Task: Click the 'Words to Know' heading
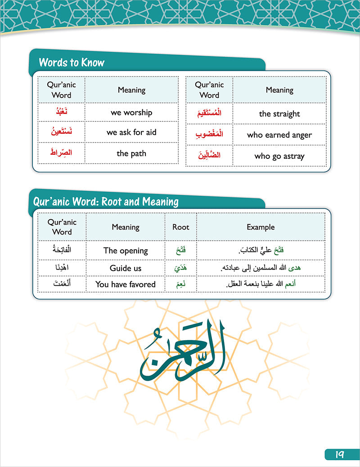click(72, 62)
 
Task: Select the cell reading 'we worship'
click(131, 112)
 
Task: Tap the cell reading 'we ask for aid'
click(131, 132)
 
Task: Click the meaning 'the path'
click(131, 153)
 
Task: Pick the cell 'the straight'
click(279, 114)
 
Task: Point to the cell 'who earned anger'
click(279, 135)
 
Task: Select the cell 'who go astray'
click(279, 156)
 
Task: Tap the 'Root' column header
click(181, 227)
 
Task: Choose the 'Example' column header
click(260, 227)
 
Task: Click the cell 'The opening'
click(126, 251)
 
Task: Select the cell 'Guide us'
click(126, 268)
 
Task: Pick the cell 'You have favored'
click(126, 284)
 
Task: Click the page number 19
click(340, 454)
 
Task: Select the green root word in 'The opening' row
click(181, 251)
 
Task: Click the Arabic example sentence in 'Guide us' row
click(260, 268)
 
